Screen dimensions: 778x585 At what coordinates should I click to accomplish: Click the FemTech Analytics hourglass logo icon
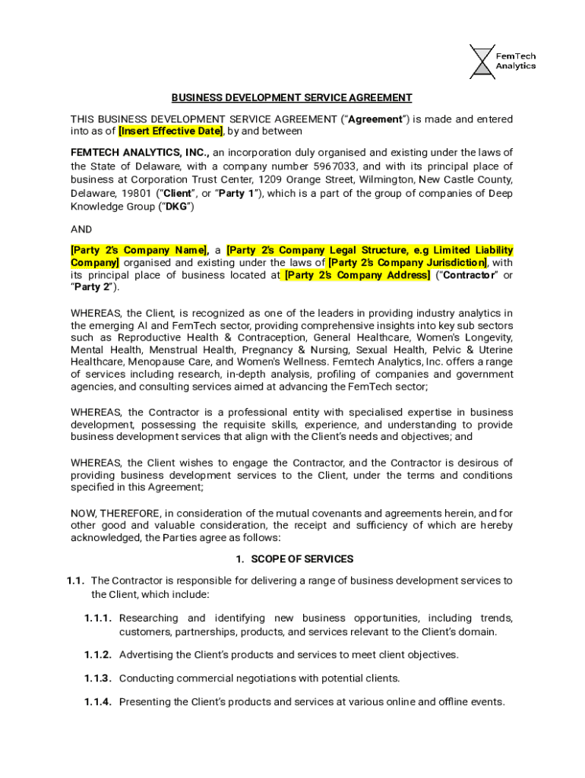click(x=480, y=60)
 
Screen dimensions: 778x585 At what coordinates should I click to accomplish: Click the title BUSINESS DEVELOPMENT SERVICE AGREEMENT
click(x=292, y=98)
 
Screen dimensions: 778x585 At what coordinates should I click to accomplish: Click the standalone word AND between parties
click(x=81, y=229)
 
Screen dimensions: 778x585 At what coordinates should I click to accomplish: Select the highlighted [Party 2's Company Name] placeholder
click(x=140, y=250)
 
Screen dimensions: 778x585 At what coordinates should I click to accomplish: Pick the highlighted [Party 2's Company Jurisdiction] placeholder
click(x=406, y=263)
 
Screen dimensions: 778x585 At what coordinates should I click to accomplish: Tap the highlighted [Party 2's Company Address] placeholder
click(x=356, y=275)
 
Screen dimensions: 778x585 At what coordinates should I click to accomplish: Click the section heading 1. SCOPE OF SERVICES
click(x=293, y=559)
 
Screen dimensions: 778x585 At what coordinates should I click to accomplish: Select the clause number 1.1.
click(x=74, y=581)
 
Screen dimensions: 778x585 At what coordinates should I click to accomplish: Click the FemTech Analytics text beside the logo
click(x=516, y=60)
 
